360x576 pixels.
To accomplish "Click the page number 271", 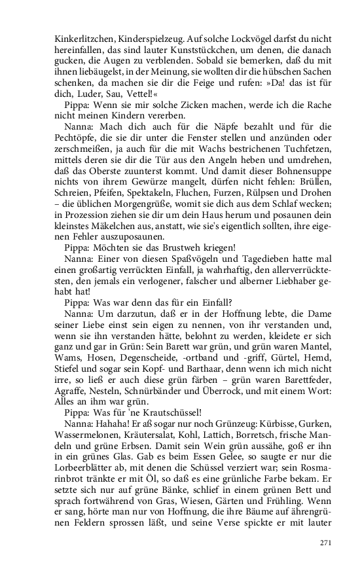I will click(x=327, y=543).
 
